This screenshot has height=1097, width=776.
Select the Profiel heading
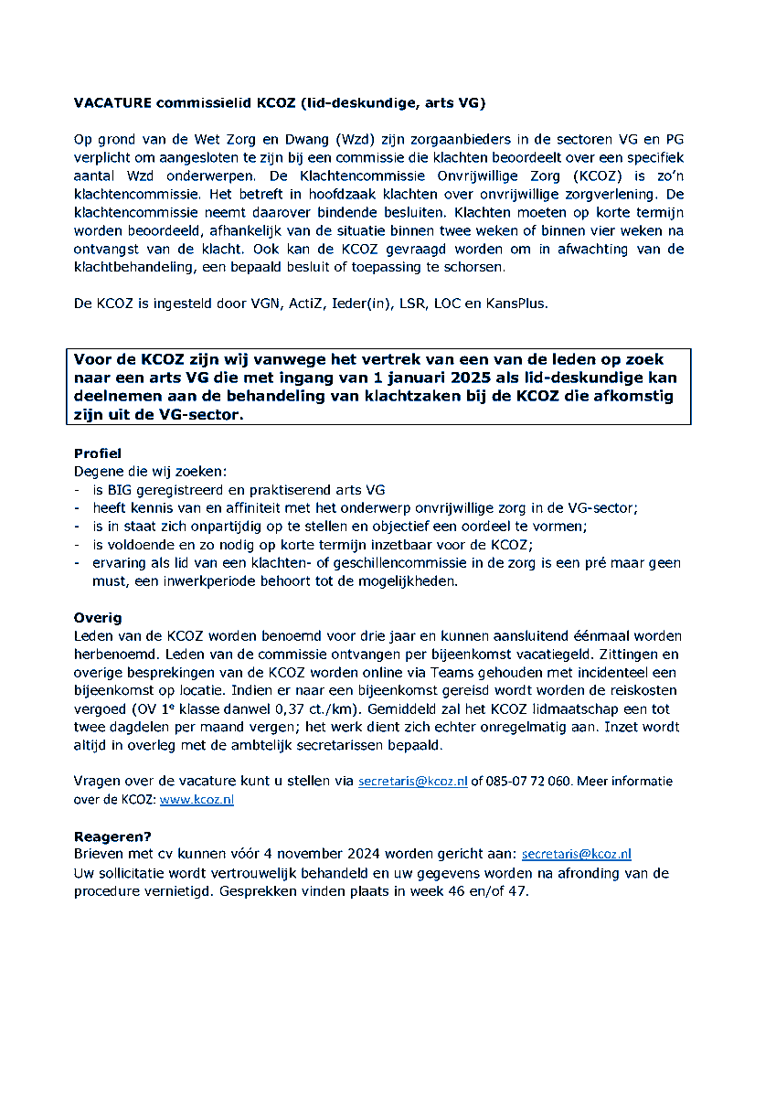97,453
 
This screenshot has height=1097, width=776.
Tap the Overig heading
97,618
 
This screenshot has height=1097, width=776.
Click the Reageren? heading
112,836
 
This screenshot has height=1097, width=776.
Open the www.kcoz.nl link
197,799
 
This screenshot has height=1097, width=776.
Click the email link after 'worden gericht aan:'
576,854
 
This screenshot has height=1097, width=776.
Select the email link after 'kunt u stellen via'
412,782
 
